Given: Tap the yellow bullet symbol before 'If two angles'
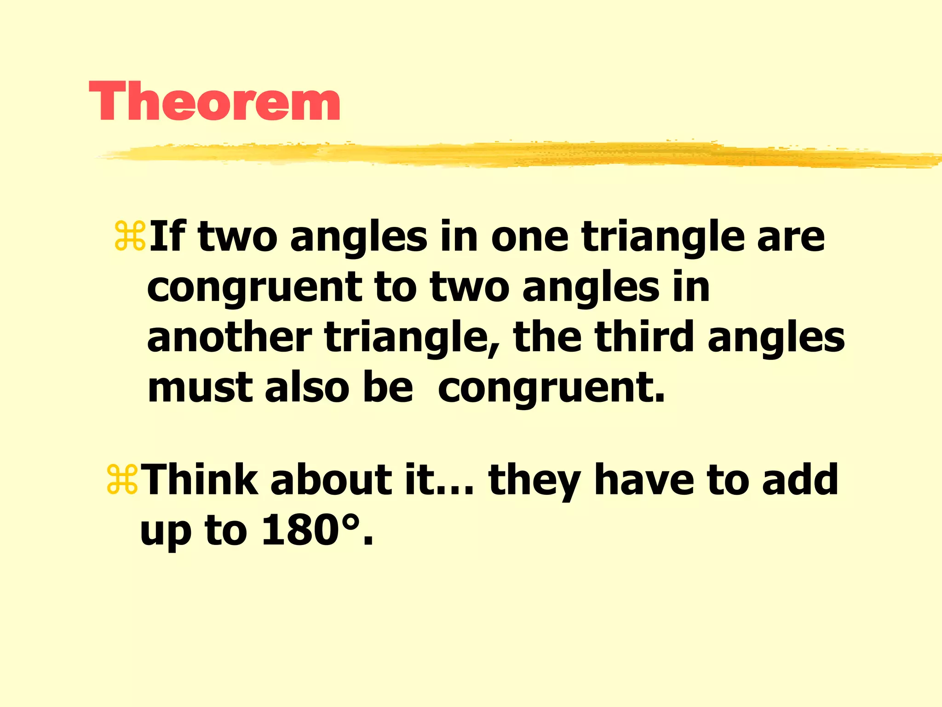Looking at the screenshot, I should (x=130, y=236).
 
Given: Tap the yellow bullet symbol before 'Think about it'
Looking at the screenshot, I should (x=122, y=480).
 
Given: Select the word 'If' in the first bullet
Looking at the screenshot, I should (x=167, y=236).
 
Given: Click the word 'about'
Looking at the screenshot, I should (x=331, y=480).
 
